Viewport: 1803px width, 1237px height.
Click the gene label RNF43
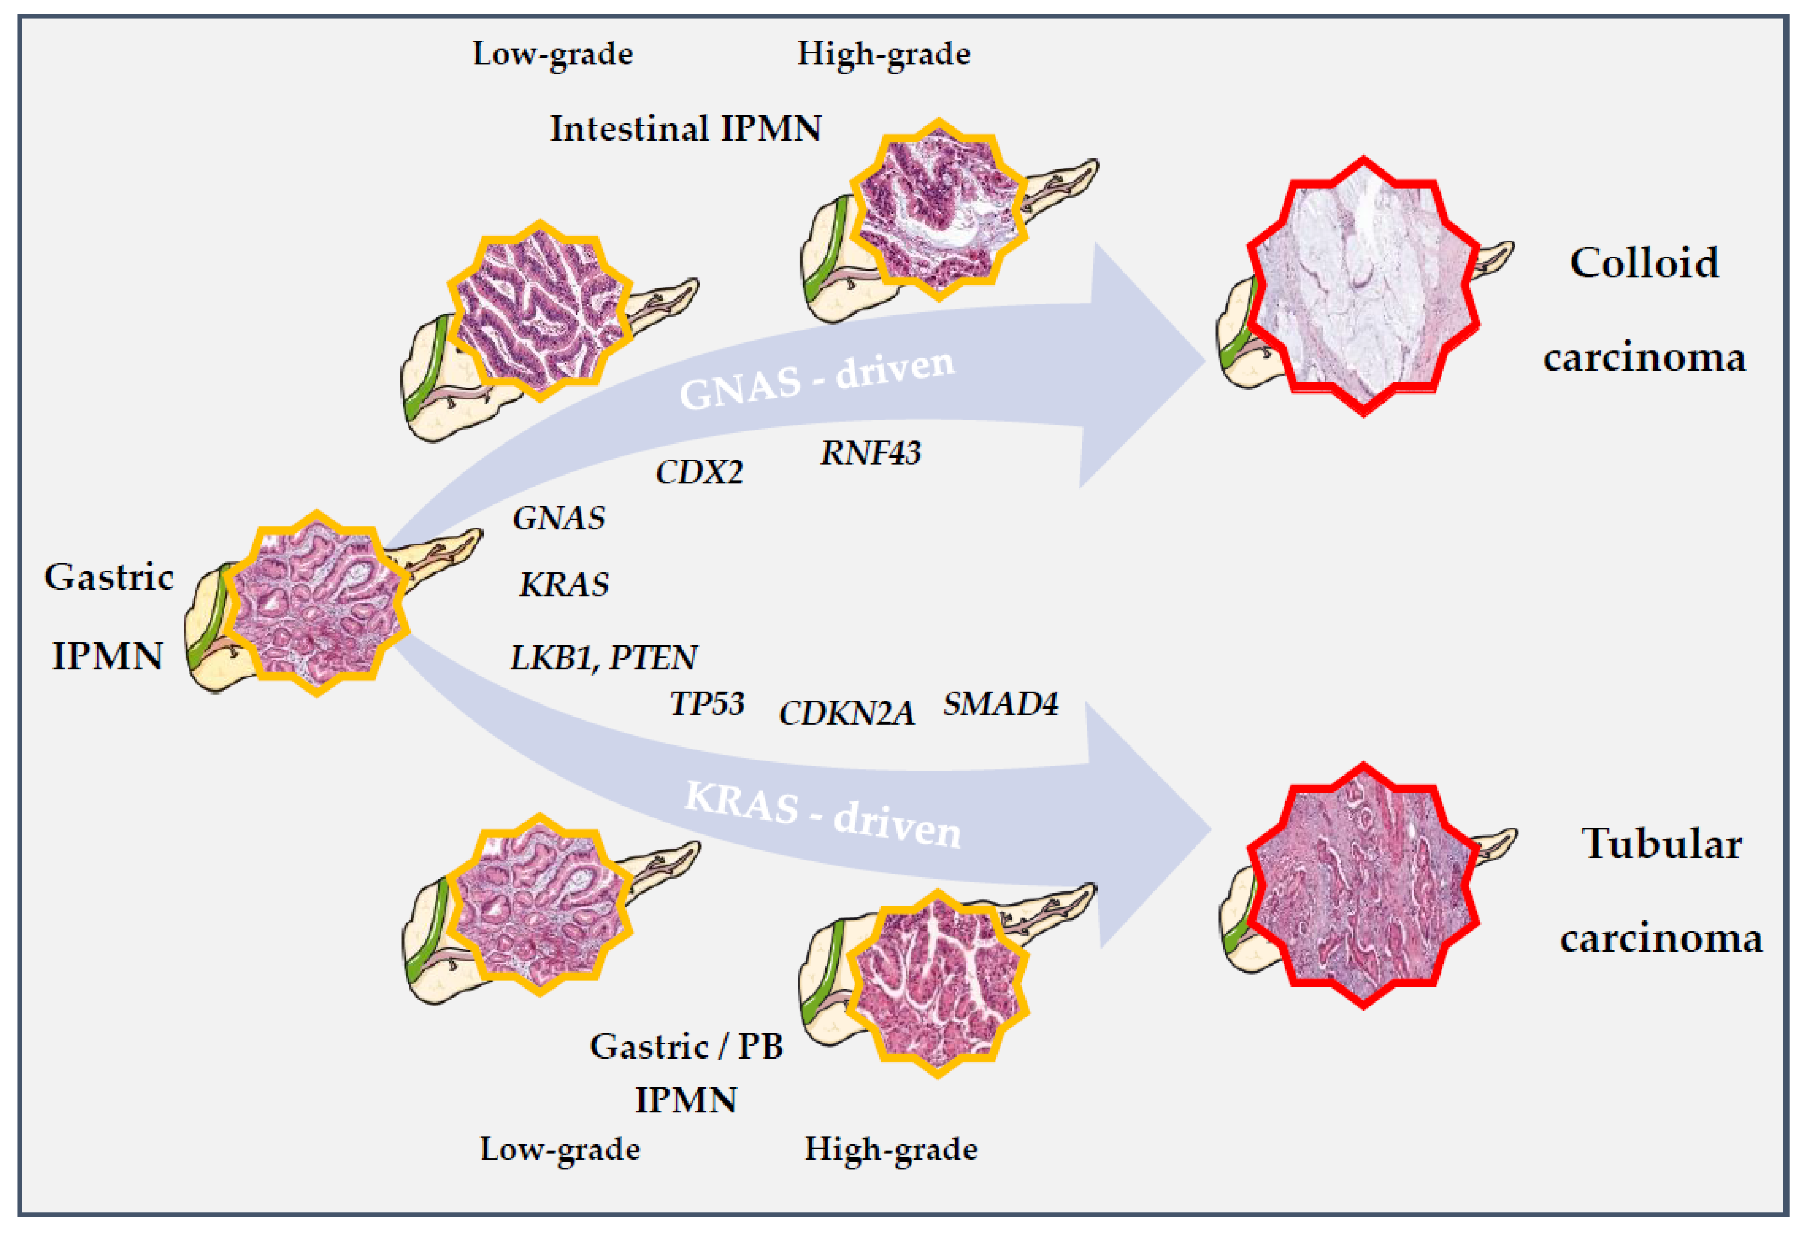pyautogui.click(x=870, y=453)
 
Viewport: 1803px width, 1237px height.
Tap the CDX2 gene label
pyautogui.click(x=699, y=472)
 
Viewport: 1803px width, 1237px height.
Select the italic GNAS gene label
pyautogui.click(x=559, y=519)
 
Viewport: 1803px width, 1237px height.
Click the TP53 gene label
pyautogui.click(x=707, y=704)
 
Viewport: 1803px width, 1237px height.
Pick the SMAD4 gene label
pyautogui.click(x=1000, y=704)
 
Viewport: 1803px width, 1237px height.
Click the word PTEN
pyautogui.click(x=653, y=658)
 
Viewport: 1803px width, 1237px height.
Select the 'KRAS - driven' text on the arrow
pyautogui.click(x=823, y=815)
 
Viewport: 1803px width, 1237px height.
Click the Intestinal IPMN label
pyautogui.click(x=686, y=129)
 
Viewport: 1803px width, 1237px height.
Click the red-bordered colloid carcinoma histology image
pyautogui.click(x=1363, y=287)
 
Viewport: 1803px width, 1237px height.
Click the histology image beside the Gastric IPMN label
pyautogui.click(x=316, y=604)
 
